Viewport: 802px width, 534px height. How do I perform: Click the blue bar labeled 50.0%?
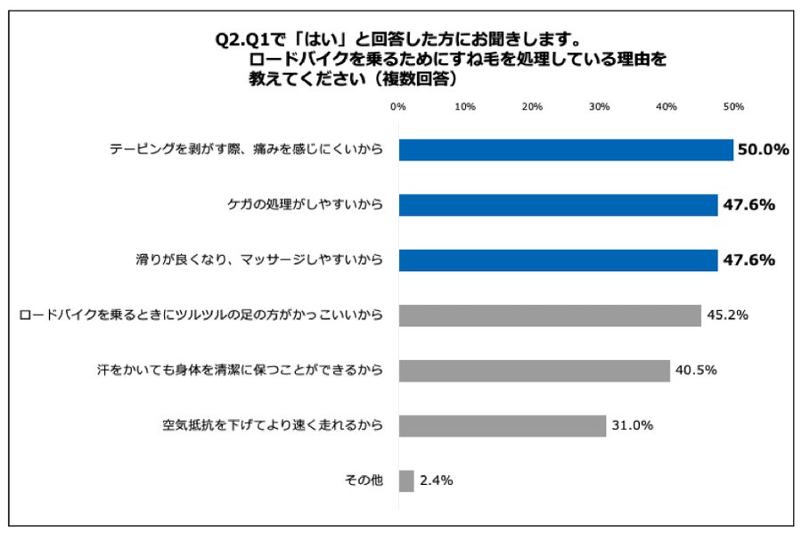(566, 150)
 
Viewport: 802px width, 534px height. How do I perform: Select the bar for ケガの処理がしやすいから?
(558, 205)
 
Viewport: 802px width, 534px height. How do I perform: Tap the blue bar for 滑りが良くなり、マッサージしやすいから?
(558, 260)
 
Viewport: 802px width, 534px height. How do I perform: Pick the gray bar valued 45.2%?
(550, 316)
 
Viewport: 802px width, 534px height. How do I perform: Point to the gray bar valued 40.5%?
(534, 371)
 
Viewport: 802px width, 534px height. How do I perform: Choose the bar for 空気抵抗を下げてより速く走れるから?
(503, 426)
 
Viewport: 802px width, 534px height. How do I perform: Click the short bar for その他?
(406, 481)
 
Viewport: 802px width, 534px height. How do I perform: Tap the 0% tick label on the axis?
(398, 107)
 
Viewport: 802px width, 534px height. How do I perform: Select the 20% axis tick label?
(532, 107)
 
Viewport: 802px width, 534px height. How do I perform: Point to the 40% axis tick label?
(667, 107)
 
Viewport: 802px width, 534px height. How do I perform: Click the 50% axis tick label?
(733, 107)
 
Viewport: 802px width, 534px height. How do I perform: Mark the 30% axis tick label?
(600, 107)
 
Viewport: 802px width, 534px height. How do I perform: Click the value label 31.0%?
(633, 426)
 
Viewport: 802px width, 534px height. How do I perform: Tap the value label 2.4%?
(437, 481)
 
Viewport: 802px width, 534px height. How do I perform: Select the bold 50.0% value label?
(763, 150)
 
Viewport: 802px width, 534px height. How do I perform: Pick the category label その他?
(364, 481)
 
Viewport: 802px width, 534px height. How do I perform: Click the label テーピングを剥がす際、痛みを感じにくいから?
(247, 150)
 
